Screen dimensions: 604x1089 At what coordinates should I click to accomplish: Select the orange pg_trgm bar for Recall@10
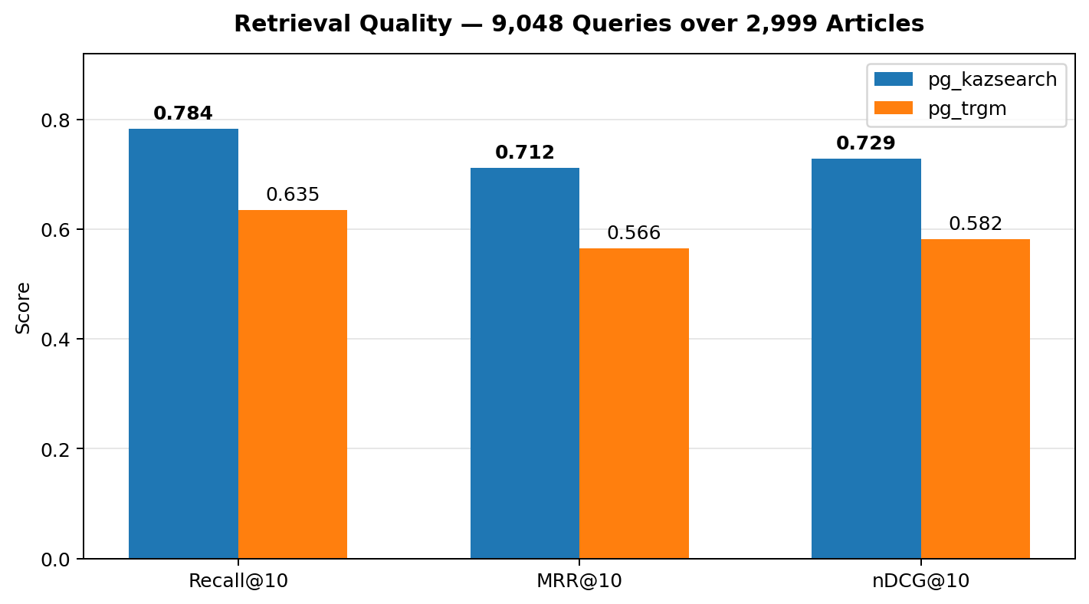coord(293,384)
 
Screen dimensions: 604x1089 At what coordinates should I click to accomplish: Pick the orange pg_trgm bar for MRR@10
coord(634,403)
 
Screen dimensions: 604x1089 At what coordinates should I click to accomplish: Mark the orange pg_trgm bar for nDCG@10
coord(976,399)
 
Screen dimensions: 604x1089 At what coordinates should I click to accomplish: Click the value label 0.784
coord(183,114)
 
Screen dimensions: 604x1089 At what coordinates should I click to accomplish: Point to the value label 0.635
coord(293,195)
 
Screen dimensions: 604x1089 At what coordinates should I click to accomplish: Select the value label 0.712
coord(525,153)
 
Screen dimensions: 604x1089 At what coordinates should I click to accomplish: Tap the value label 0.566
coord(634,234)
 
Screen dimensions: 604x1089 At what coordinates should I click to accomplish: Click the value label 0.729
coord(866,144)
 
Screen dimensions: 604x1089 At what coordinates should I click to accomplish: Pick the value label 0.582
coord(976,225)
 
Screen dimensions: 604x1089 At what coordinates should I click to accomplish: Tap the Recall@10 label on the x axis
coord(238,582)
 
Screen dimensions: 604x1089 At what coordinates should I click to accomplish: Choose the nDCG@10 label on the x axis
coord(920,582)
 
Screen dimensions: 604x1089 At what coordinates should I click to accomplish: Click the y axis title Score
coord(24,307)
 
